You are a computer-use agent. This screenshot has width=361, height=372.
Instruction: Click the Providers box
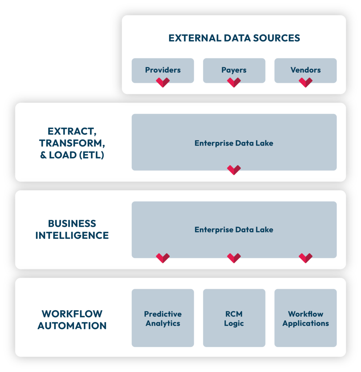[163, 70]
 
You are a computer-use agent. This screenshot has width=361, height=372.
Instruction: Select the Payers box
[234, 70]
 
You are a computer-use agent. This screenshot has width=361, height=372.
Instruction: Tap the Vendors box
[305, 70]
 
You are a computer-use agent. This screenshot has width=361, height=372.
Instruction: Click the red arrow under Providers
[163, 82]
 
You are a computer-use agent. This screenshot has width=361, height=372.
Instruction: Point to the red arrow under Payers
[234, 82]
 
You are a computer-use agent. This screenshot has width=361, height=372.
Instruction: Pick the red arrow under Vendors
[305, 82]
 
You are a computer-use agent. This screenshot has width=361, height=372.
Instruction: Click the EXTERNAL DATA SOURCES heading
[234, 38]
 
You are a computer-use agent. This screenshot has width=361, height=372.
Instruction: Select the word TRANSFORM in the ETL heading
[71, 143]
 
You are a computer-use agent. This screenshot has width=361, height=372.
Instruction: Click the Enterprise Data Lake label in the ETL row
[234, 143]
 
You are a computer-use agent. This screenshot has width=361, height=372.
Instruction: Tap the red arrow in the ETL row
[234, 170]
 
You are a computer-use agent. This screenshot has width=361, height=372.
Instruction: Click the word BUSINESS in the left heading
[72, 223]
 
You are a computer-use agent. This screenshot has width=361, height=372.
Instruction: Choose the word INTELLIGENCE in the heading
[72, 235]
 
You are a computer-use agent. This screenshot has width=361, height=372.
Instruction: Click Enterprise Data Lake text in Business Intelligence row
[234, 230]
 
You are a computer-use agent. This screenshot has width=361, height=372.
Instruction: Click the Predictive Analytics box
[163, 318]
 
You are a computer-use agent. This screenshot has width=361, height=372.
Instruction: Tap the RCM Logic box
[234, 318]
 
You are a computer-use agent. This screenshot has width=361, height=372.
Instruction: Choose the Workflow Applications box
[305, 318]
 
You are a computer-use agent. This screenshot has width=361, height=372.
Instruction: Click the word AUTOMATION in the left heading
[72, 326]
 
